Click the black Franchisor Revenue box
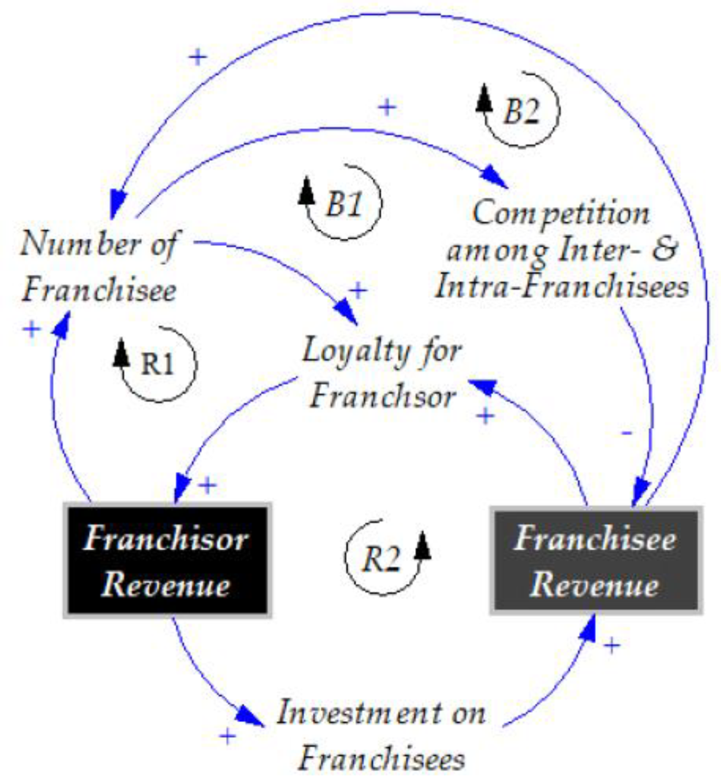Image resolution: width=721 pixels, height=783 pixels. point(167,560)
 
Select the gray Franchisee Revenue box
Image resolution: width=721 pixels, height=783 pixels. point(596,560)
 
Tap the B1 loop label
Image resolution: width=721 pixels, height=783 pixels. point(344,203)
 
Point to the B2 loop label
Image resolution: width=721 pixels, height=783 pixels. point(521,111)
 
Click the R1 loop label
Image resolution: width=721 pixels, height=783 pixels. point(157,363)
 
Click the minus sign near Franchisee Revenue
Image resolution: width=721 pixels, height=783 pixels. point(627,433)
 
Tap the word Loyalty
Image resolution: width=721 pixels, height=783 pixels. point(355,351)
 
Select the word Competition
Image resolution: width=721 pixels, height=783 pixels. point(560,213)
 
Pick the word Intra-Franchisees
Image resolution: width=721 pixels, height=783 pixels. point(562,287)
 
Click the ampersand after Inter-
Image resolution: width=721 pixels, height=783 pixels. point(665,249)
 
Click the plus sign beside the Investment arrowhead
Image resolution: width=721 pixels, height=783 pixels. point(227,737)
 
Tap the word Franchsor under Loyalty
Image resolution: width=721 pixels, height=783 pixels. point(383,396)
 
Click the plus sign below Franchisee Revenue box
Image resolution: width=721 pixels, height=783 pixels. point(612,645)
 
